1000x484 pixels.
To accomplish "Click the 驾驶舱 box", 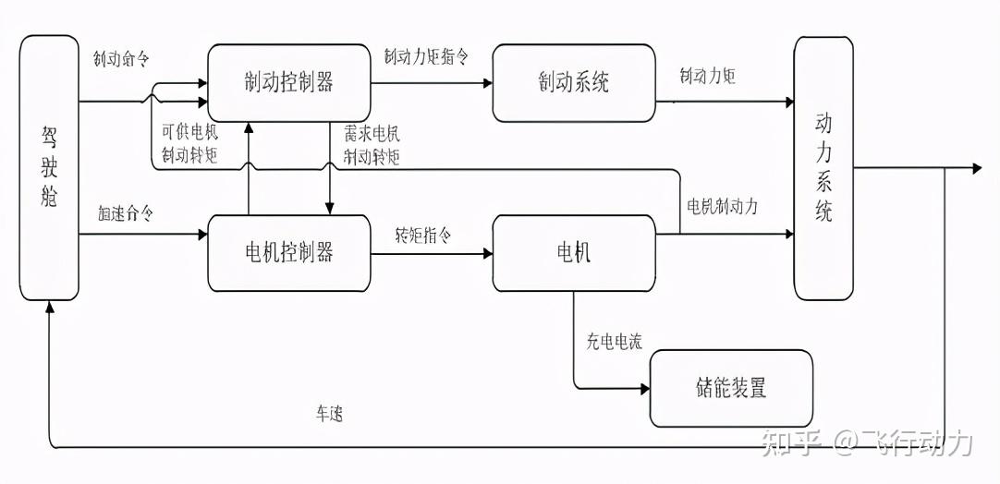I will (49, 167).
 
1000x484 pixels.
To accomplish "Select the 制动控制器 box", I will (289, 82).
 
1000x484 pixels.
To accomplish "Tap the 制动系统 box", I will (574, 82).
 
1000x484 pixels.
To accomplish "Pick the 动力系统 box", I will (823, 167).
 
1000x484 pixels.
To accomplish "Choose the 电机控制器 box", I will (289, 252).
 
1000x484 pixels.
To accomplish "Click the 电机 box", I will (574, 252).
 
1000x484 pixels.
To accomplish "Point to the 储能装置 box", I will (731, 388).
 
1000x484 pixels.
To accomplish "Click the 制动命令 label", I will (121, 57).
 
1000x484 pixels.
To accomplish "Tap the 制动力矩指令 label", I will (426, 56).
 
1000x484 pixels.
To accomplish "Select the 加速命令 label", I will (125, 213).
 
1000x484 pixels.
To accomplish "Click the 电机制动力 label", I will (722, 206).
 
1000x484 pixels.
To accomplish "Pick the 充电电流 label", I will (614, 342).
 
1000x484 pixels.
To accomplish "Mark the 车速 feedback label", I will (329, 415).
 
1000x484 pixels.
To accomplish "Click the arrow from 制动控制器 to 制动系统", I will (432, 82).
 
